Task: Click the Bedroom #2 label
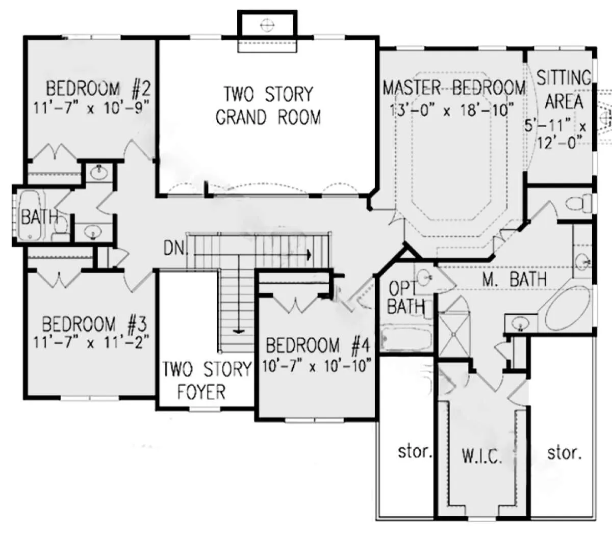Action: point(98,89)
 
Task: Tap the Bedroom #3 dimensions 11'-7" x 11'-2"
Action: point(91,342)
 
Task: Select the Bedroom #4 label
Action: point(318,345)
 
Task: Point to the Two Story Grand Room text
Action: point(268,105)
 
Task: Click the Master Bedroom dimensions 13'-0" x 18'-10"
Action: point(451,110)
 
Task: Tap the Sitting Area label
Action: point(564,90)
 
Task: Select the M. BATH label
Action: point(515,279)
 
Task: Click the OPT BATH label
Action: point(405,297)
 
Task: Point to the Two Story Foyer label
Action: point(207,381)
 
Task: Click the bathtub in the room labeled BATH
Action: point(30,215)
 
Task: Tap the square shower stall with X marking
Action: point(454,334)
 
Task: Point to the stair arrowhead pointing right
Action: point(309,255)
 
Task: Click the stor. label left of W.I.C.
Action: point(415,452)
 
